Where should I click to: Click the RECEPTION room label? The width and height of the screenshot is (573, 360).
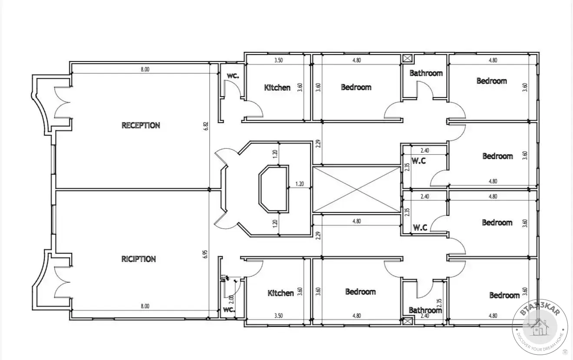click(x=141, y=125)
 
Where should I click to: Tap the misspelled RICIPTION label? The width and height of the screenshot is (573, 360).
click(x=138, y=259)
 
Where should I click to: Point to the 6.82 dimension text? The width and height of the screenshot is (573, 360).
click(x=206, y=126)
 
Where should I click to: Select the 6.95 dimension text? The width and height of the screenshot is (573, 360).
click(x=205, y=254)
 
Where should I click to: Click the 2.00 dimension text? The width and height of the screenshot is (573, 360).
click(x=231, y=299)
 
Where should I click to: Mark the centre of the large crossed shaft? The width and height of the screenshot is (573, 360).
click(x=356, y=190)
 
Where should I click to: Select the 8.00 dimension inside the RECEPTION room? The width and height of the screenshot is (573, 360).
click(x=145, y=69)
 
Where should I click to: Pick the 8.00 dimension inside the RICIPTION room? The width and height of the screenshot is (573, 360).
click(x=145, y=306)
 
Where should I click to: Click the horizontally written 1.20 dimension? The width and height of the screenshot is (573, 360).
click(x=300, y=184)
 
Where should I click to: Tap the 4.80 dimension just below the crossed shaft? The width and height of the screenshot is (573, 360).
click(x=356, y=221)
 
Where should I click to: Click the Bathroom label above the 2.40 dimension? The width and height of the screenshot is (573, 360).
click(x=425, y=310)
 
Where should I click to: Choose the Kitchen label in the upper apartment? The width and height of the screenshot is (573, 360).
click(x=277, y=88)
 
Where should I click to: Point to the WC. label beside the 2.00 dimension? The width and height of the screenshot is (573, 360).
click(x=229, y=310)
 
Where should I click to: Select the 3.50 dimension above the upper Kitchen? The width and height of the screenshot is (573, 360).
click(x=278, y=60)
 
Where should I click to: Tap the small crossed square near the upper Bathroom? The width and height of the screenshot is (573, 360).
click(x=407, y=59)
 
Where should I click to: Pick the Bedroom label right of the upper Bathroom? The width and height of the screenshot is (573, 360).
click(x=492, y=81)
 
